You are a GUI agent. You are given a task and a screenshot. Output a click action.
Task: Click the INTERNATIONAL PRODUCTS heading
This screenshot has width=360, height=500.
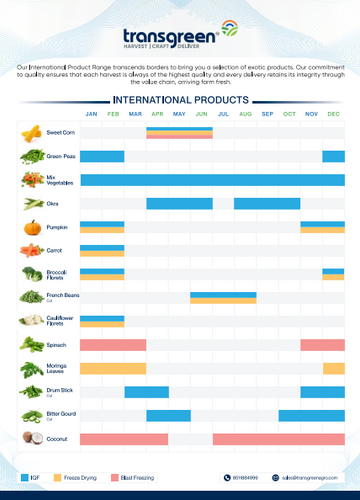tap(180, 101)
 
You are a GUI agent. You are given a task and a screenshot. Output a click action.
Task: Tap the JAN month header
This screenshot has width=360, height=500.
tap(91, 114)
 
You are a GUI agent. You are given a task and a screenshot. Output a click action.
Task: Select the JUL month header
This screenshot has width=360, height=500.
tap(245, 114)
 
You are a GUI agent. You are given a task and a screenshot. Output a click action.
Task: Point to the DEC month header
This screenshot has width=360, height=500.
tap(333, 114)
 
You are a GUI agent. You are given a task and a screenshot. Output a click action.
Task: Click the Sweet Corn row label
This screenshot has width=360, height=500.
tap(61, 132)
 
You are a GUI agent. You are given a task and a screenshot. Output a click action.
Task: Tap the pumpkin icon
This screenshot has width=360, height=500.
tap(32, 227)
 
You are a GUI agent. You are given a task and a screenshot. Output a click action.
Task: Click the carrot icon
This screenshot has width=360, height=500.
tap(32, 250)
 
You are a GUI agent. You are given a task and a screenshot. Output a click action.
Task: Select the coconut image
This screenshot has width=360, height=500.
tap(32, 438)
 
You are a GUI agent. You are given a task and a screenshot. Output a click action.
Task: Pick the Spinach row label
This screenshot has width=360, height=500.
tap(58, 344)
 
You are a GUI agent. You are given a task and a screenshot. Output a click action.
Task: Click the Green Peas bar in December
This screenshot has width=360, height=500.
tap(333, 156)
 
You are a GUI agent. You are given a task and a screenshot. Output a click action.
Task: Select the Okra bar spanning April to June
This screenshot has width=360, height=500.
tap(179, 203)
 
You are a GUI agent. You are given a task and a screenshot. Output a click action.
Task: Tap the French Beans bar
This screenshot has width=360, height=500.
tap(223, 297)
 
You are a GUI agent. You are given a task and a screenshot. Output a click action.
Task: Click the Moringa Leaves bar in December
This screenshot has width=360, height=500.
tap(333, 368)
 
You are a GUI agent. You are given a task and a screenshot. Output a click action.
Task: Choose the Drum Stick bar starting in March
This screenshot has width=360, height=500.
tap(146, 391)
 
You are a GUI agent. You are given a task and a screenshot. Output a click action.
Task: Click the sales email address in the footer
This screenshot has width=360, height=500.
tap(311, 478)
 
